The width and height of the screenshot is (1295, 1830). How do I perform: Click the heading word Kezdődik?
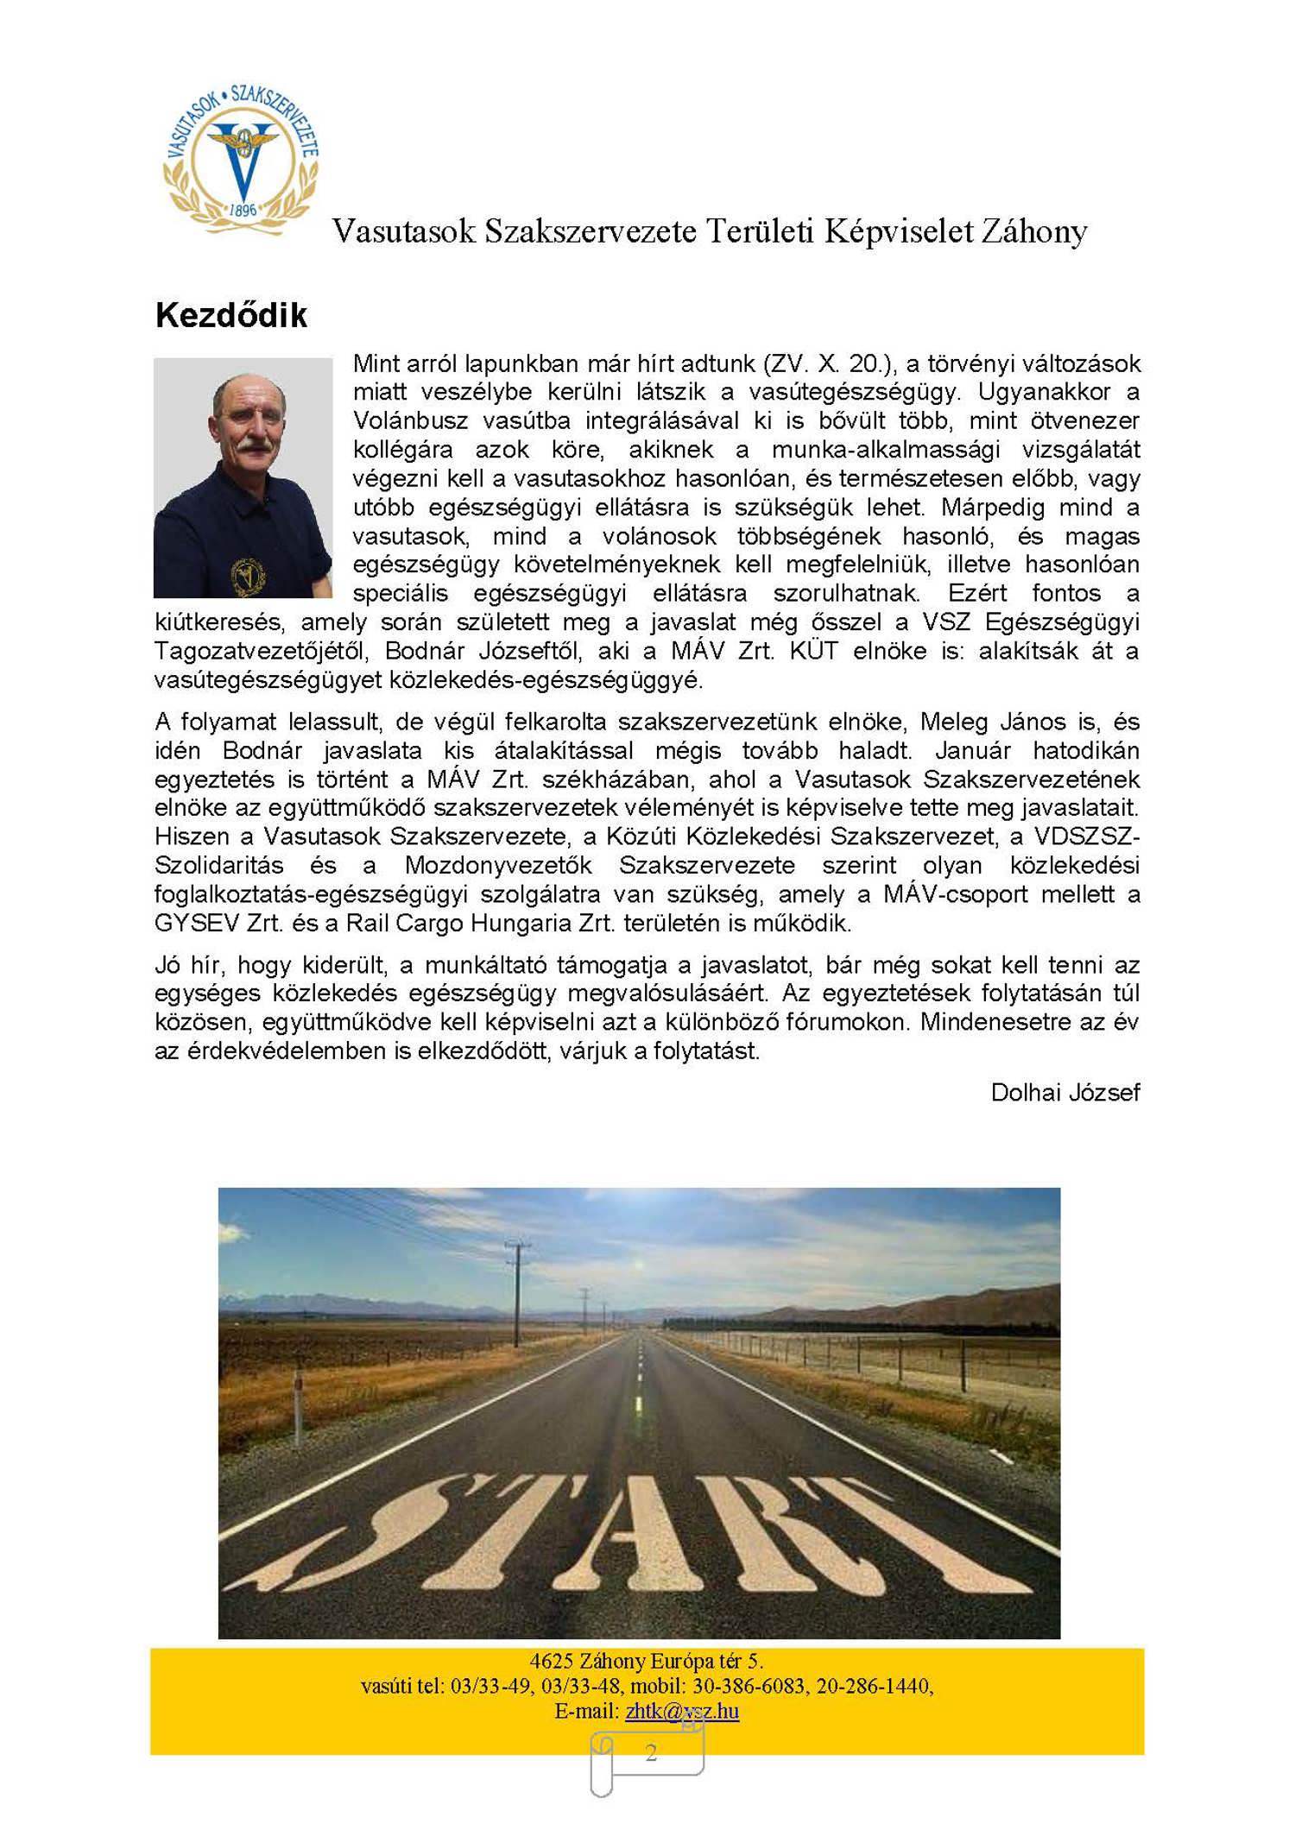click(231, 316)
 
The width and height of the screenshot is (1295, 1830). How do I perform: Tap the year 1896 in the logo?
click(243, 210)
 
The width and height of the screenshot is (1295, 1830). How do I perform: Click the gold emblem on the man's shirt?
click(248, 577)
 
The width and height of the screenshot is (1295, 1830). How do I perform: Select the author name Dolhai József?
click(1064, 1093)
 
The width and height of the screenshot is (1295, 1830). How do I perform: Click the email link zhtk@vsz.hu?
click(682, 1710)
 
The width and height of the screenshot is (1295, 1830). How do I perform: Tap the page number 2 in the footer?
click(651, 1751)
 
